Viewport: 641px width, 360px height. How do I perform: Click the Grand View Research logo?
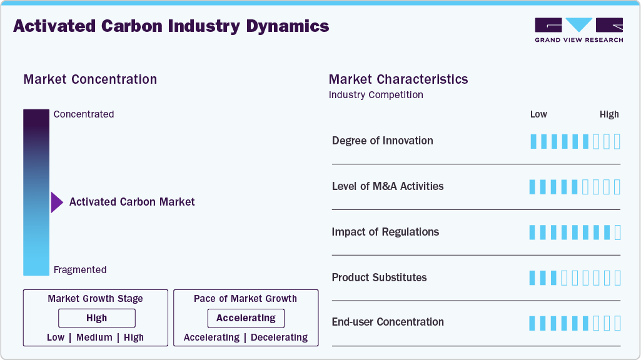tap(578, 30)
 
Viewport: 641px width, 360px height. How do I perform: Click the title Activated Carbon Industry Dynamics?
tap(171, 26)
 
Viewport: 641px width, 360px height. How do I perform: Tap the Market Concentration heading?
tap(90, 79)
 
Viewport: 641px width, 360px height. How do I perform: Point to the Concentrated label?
tap(84, 114)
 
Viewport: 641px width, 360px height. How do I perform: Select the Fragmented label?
tap(80, 270)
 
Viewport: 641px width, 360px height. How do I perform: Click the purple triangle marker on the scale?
tap(57, 202)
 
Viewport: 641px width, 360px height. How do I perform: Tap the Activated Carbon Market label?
tap(132, 202)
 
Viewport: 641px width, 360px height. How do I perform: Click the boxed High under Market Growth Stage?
tap(97, 318)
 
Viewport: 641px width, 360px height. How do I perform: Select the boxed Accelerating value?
tap(246, 318)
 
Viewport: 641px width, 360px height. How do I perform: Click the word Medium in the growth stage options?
tap(94, 337)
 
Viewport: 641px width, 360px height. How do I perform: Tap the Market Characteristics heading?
tap(398, 79)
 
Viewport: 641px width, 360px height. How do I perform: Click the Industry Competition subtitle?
tap(376, 95)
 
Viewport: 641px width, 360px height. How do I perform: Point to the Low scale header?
tap(538, 114)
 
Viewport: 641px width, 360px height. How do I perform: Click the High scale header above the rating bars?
tap(609, 114)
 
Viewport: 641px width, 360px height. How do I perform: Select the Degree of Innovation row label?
tap(382, 141)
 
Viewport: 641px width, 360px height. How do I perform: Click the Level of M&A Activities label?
tap(388, 186)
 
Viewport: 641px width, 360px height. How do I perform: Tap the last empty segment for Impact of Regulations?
tap(618, 232)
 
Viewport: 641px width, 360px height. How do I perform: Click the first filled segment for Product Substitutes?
tap(533, 277)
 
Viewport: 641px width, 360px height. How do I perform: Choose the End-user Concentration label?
tap(388, 322)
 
